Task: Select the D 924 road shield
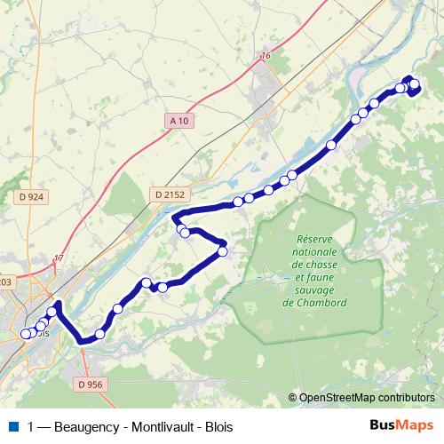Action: click(x=30, y=196)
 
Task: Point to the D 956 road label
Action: click(x=90, y=385)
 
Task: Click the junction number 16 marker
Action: click(x=265, y=57)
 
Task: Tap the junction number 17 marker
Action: click(x=59, y=258)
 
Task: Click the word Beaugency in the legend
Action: click(x=83, y=426)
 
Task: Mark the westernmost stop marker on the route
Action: click(x=25, y=334)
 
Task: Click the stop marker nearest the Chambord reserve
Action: click(x=222, y=251)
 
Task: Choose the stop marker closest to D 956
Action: click(x=99, y=334)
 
